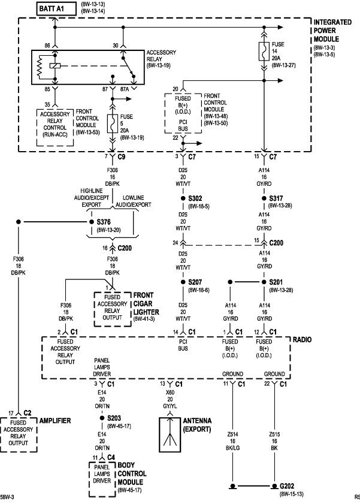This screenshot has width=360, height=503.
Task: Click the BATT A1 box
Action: point(53,8)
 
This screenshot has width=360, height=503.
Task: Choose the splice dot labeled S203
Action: point(101,418)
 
